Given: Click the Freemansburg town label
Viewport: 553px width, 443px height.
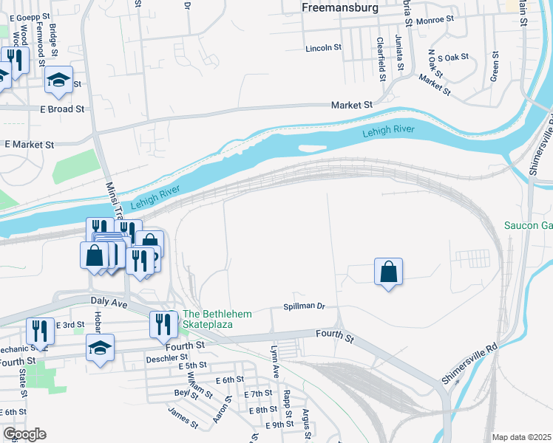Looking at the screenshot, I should click(340, 7).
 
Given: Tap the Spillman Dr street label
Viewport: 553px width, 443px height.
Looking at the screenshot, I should click(305, 306).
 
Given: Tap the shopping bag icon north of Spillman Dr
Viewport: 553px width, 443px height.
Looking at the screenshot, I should click(389, 272).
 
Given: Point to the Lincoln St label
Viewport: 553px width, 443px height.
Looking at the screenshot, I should click(324, 48).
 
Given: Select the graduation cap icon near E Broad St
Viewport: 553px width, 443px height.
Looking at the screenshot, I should click(58, 81).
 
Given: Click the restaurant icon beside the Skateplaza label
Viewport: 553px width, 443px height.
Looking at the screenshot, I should click(163, 323).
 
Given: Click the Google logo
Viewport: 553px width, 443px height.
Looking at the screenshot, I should click(24, 434).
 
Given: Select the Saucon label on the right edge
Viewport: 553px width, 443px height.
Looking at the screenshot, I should click(528, 225).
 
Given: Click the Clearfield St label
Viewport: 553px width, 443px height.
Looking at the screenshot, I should click(381, 54).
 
